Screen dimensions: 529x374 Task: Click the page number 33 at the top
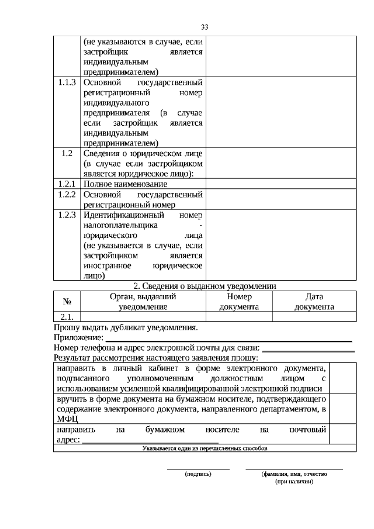click(205, 27)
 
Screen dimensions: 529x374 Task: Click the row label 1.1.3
click(67, 82)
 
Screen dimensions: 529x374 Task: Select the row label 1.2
click(67, 153)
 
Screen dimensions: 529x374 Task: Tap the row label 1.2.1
click(67, 184)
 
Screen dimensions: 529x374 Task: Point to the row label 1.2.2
click(67, 194)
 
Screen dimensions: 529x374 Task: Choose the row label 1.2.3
click(67, 215)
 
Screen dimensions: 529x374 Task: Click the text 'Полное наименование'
click(121, 184)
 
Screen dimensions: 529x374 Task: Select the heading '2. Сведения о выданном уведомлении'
click(205, 286)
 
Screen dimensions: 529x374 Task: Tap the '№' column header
click(67, 302)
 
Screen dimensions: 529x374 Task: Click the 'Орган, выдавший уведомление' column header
click(143, 302)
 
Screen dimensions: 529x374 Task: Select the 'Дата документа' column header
click(314, 302)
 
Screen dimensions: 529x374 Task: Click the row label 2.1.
click(67, 317)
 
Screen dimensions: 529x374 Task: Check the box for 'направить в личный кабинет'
click(344, 378)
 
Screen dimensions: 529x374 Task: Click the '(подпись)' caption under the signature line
click(198, 473)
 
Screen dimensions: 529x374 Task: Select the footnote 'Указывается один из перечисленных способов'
click(205, 448)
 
